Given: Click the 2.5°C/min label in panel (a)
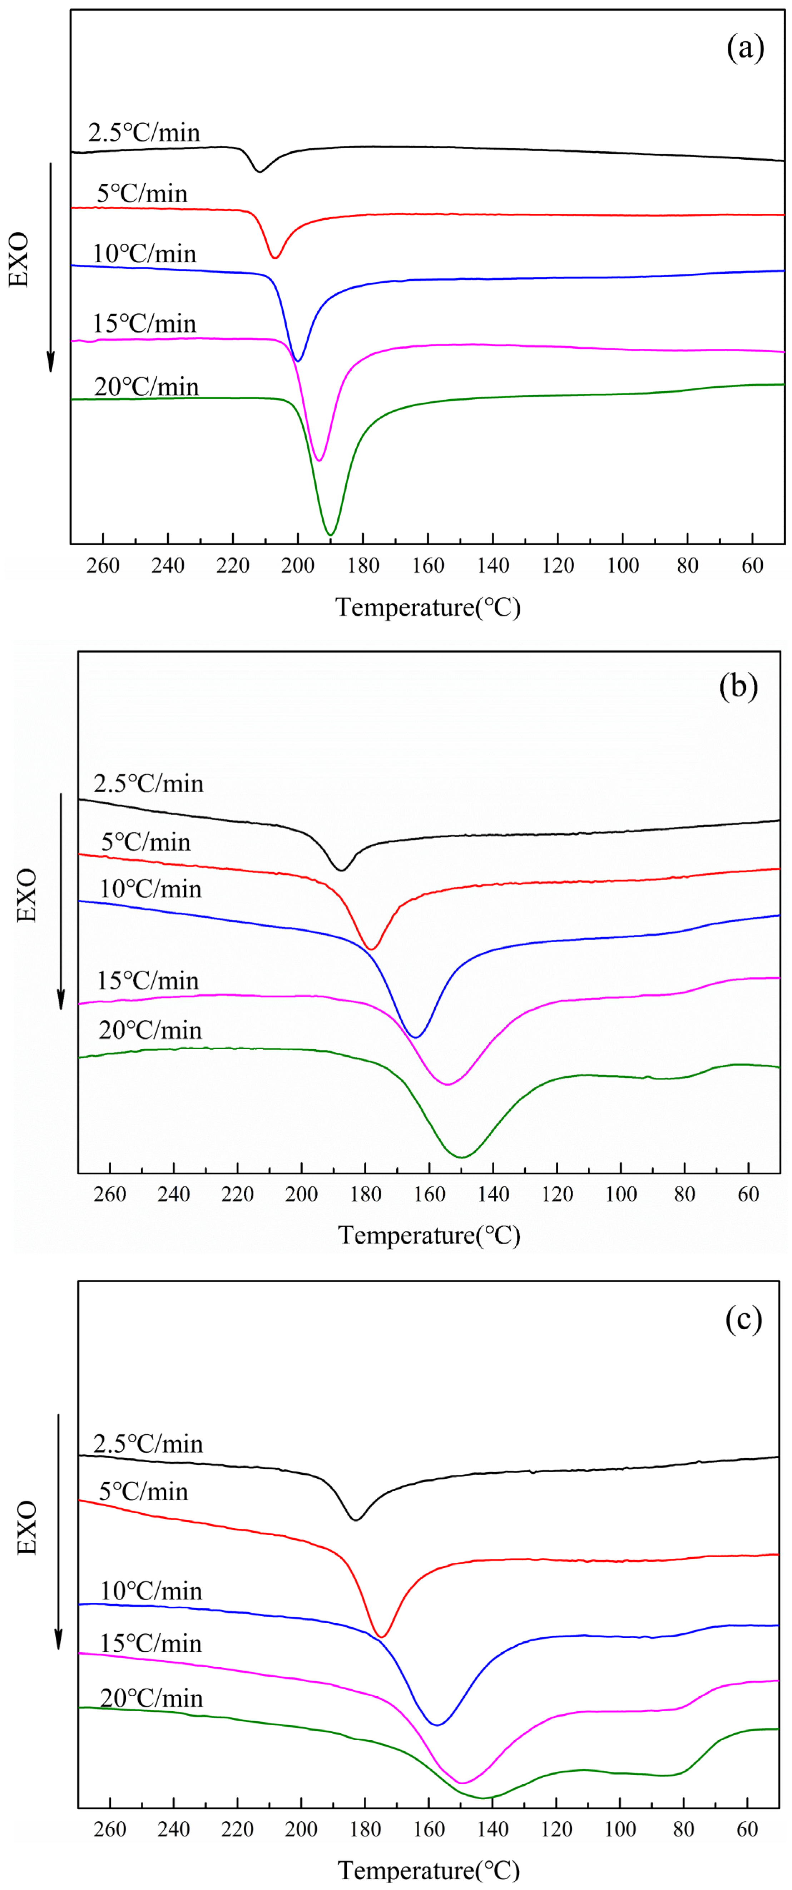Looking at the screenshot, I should (x=144, y=133).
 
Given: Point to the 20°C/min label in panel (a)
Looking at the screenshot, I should (x=146, y=387).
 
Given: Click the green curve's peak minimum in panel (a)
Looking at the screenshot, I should (x=331, y=535).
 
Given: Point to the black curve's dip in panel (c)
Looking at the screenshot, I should (x=356, y=1519).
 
